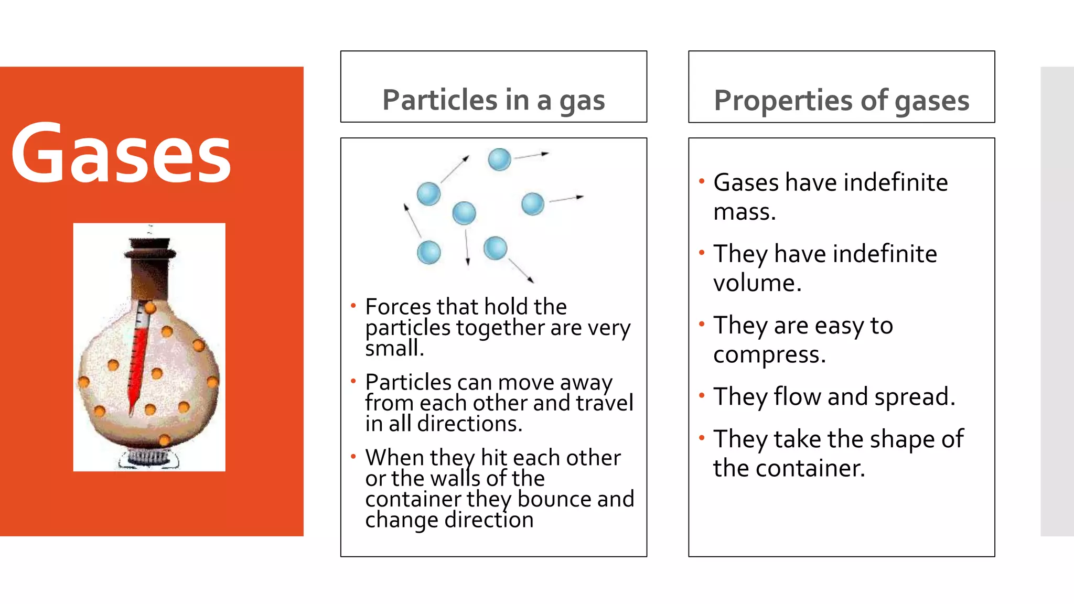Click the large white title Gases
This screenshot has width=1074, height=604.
pyautogui.click(x=121, y=153)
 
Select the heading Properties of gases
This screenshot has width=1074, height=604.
pyautogui.click(x=841, y=100)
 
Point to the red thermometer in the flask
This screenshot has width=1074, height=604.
pyautogui.click(x=138, y=357)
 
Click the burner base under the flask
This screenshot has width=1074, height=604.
pyautogui.click(x=149, y=457)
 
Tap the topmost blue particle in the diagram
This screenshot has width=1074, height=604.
pyautogui.click(x=499, y=159)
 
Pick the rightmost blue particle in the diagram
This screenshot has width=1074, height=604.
pyautogui.click(x=533, y=204)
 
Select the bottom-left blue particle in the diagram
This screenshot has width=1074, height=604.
pyautogui.click(x=429, y=252)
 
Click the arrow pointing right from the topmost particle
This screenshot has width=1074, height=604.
pyautogui.click(x=531, y=155)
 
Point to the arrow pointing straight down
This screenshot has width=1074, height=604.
pyautogui.click(x=467, y=246)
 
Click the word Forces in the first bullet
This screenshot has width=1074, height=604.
pyautogui.click(x=398, y=307)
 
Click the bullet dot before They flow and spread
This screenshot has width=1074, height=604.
pyautogui.click(x=702, y=395)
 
